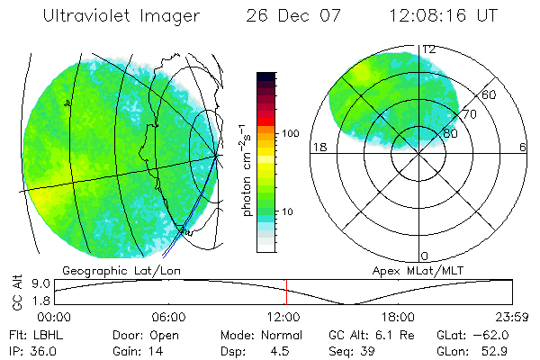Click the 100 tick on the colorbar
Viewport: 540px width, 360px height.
[289, 133]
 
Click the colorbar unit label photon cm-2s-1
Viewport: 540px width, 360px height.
[245, 166]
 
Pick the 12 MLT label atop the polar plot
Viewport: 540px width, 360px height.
[429, 49]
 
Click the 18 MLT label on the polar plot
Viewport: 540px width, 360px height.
[318, 148]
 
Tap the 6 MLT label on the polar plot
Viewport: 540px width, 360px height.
[523, 148]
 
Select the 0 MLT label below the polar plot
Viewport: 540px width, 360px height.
[426, 256]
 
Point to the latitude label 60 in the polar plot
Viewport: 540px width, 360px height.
[490, 94]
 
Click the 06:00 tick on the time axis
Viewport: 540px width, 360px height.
[169, 318]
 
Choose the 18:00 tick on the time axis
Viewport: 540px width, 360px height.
[398, 318]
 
